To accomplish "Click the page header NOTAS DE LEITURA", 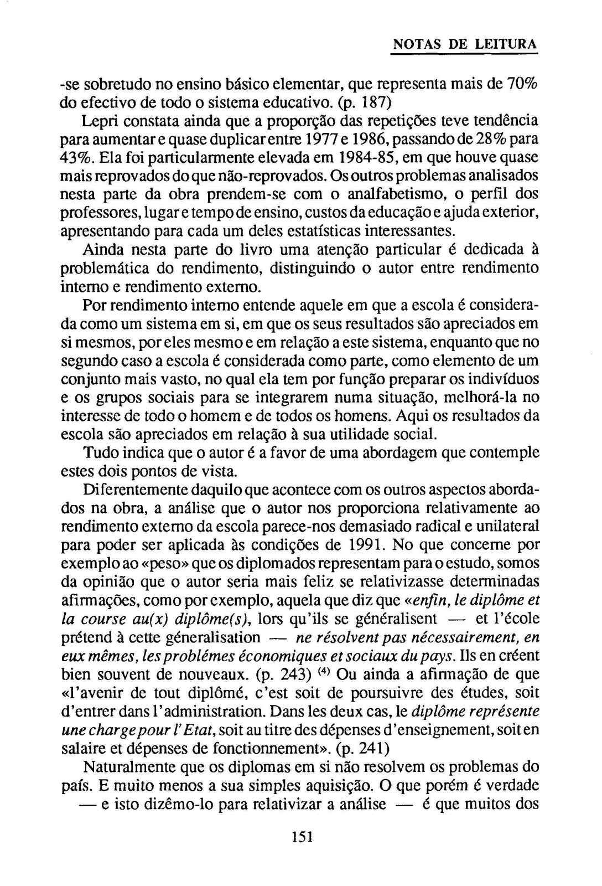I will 465,44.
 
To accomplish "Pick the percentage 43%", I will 76,157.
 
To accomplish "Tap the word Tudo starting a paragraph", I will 98,453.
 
